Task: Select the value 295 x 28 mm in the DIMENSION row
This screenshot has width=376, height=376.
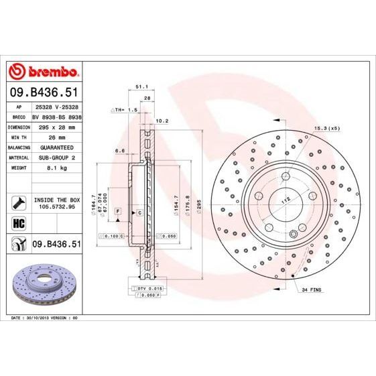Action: click(x=57, y=127)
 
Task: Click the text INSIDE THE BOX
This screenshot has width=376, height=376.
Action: click(x=57, y=200)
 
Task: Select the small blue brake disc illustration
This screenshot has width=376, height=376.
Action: click(x=44, y=279)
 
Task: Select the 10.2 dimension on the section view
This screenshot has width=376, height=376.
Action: click(x=161, y=121)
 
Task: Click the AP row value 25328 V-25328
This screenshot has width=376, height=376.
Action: click(x=57, y=106)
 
